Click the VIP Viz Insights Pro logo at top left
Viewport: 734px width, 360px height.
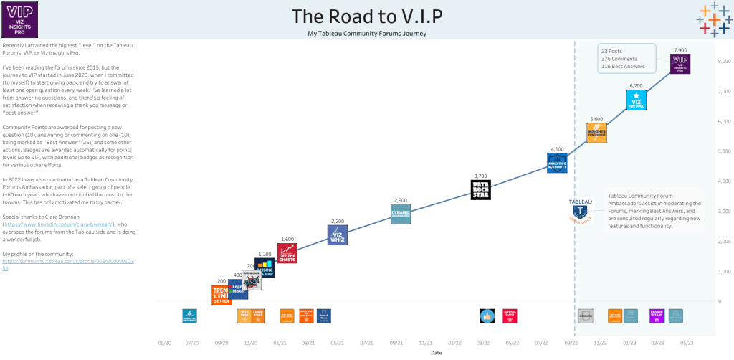coord(19,19)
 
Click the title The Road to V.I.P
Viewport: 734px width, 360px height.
coord(366,16)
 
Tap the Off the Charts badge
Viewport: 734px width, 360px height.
coord(287,253)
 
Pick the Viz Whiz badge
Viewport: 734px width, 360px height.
coord(337,235)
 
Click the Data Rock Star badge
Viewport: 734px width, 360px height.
coord(480,189)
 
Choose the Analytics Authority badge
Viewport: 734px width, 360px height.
coord(557,163)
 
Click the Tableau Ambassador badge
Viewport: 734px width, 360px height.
coord(580,211)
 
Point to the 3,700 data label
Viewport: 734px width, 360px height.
coord(480,176)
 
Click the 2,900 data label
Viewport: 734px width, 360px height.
coord(401,200)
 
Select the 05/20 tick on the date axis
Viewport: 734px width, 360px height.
coord(164,344)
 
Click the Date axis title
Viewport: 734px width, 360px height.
coord(436,353)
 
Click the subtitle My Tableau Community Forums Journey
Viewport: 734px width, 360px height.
coord(366,34)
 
